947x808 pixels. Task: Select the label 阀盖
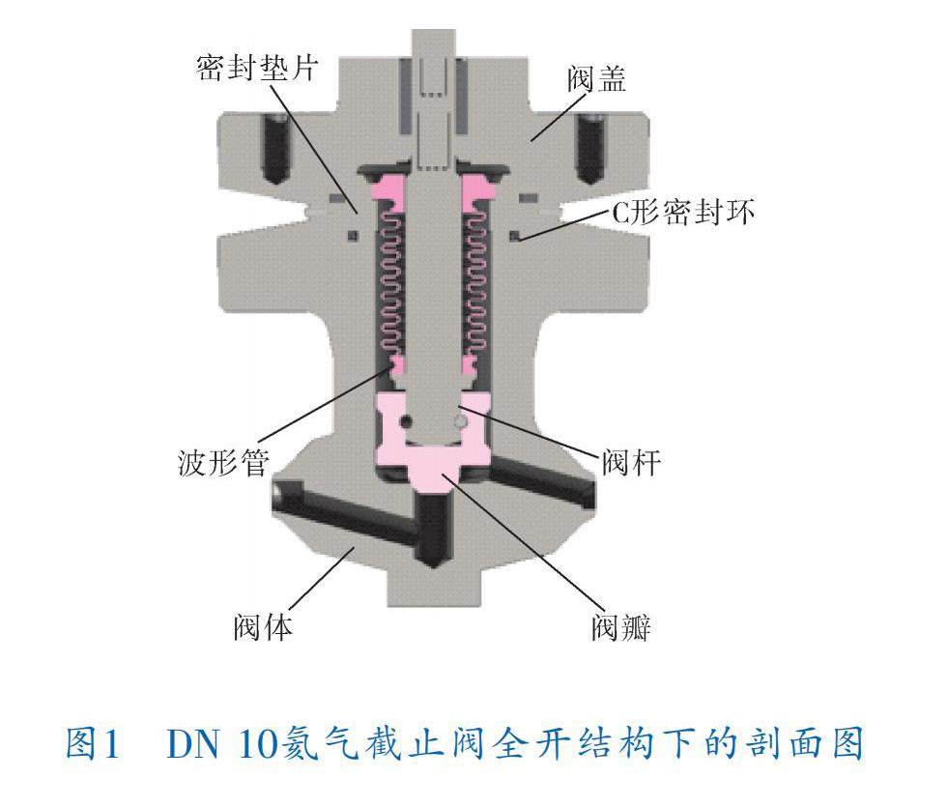coord(596,79)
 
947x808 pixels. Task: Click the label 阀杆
coord(631,463)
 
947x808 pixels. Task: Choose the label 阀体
coord(263,627)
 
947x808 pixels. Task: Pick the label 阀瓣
coord(621,629)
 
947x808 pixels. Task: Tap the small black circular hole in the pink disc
coord(406,419)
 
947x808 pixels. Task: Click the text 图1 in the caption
coord(93,743)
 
